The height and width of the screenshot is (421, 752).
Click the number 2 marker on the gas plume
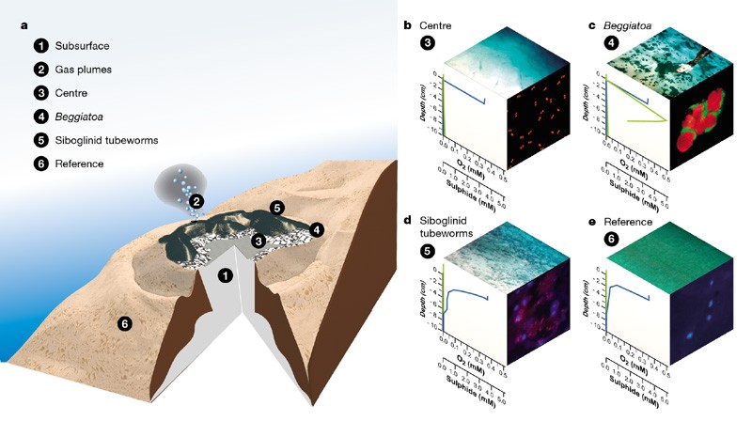pos(196,200)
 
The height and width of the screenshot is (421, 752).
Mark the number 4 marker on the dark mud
pos(316,228)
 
